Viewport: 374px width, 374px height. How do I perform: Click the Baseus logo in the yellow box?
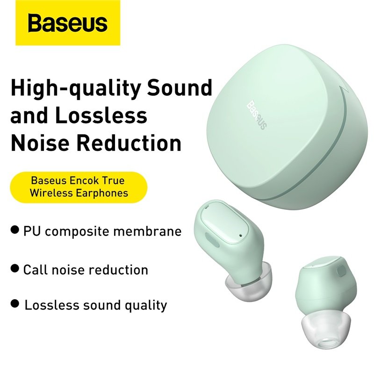(x=68, y=23)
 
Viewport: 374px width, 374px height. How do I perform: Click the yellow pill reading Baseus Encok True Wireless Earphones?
(x=79, y=186)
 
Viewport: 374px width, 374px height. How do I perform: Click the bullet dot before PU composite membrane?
(x=15, y=230)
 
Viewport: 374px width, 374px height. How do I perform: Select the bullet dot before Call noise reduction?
(x=15, y=269)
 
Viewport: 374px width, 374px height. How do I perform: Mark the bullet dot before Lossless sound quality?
(x=15, y=305)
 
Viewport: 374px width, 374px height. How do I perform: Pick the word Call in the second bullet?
(x=34, y=269)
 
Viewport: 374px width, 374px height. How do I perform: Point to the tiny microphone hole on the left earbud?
(x=240, y=234)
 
